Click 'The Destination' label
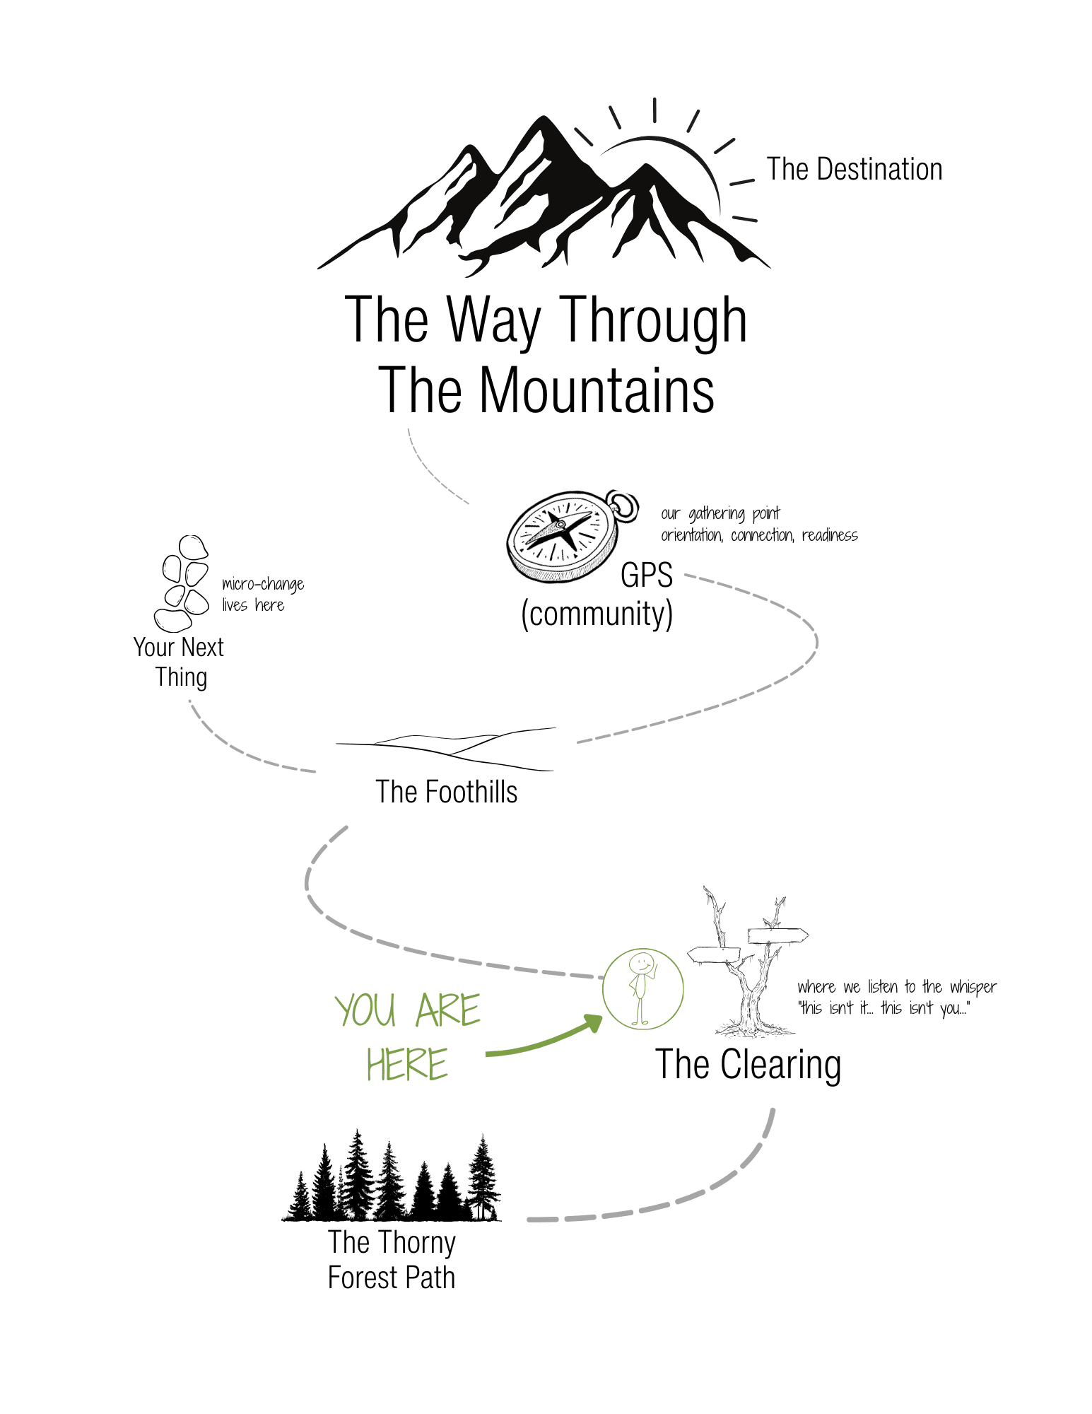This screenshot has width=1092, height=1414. point(855,170)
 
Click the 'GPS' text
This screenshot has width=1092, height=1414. point(647,575)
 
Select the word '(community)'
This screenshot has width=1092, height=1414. point(597,614)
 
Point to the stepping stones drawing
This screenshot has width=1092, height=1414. point(182,583)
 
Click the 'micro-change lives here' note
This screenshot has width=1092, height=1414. point(263,594)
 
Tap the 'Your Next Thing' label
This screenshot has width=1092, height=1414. point(179,662)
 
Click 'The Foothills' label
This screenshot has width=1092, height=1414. point(447,792)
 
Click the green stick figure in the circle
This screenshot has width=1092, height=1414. point(640,988)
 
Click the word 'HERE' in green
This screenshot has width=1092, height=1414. point(407,1065)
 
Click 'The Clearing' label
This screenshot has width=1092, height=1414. point(748,1065)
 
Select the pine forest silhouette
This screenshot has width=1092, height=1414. point(392,1176)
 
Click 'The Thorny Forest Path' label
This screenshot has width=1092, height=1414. point(392,1260)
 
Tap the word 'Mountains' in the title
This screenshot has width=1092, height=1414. point(597,391)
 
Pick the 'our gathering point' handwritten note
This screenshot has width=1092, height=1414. point(720,514)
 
